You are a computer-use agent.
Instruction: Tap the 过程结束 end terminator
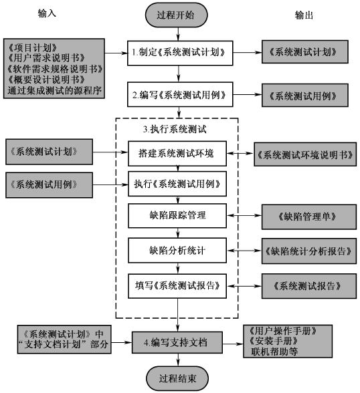click(x=177, y=378)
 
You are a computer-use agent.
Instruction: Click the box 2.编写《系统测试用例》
click(x=182, y=94)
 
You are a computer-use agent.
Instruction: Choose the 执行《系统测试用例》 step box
click(x=177, y=182)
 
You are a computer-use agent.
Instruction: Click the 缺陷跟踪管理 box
click(x=177, y=216)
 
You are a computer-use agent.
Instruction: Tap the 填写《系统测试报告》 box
click(x=177, y=285)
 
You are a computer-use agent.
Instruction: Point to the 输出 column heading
click(x=304, y=15)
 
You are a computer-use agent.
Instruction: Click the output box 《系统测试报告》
click(x=304, y=285)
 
